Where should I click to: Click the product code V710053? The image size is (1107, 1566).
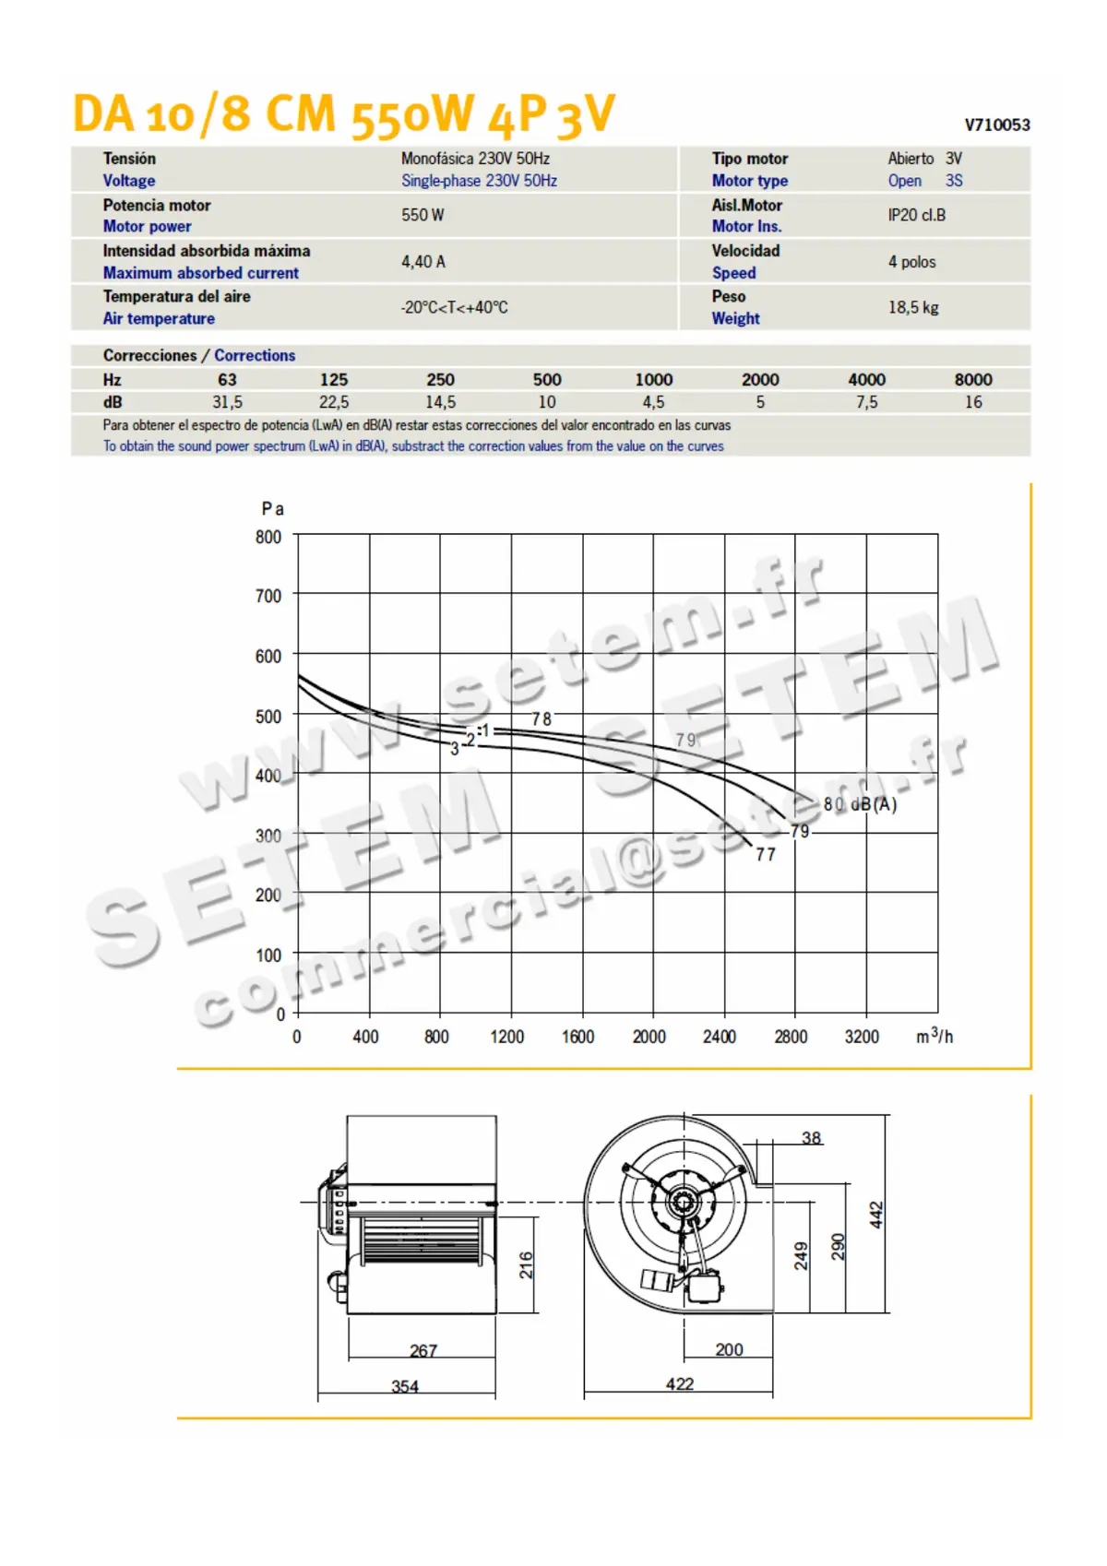(996, 125)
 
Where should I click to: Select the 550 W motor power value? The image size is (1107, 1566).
(423, 215)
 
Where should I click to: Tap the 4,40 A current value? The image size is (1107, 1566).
(423, 262)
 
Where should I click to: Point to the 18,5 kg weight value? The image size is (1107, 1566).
(913, 307)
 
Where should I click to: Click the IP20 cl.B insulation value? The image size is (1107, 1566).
(916, 215)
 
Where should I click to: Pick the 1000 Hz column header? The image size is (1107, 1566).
(653, 380)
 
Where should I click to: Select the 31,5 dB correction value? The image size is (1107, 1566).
(227, 402)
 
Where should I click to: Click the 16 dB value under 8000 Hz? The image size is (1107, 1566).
(973, 402)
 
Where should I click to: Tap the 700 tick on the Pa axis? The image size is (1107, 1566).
(268, 597)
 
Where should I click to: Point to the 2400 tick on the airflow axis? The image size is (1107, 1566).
(720, 1037)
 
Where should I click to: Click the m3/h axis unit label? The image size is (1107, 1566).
(934, 1036)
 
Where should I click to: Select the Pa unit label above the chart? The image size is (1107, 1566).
(272, 509)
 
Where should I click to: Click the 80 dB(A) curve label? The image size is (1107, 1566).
(860, 804)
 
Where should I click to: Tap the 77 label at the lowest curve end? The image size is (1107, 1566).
(766, 855)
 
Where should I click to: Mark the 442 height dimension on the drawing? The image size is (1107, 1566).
(876, 1215)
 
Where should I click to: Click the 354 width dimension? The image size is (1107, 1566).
(405, 1386)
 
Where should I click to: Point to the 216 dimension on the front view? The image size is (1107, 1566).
(526, 1264)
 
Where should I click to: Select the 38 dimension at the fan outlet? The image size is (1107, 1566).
(811, 1138)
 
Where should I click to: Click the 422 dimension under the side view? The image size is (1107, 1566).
(680, 1383)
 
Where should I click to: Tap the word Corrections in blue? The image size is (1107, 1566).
(255, 356)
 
